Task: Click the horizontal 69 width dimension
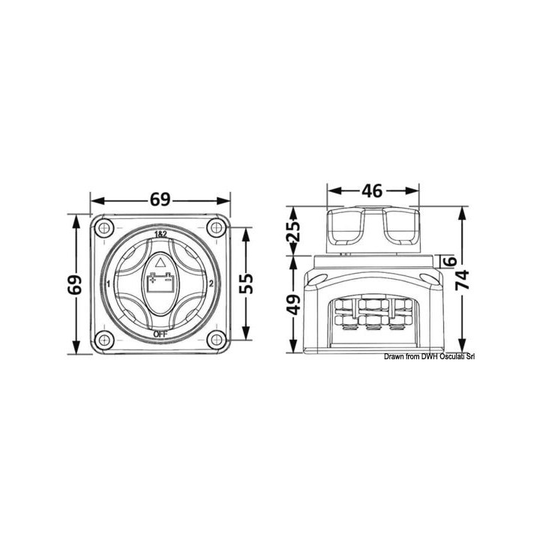(160, 199)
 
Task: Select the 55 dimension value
(246, 283)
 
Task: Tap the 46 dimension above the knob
(373, 190)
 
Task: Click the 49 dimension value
(293, 304)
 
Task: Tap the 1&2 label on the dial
(160, 235)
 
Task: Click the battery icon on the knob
(160, 286)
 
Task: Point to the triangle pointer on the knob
(160, 263)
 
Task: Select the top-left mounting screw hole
(103, 227)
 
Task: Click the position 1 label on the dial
(109, 284)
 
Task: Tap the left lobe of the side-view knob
(345, 226)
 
